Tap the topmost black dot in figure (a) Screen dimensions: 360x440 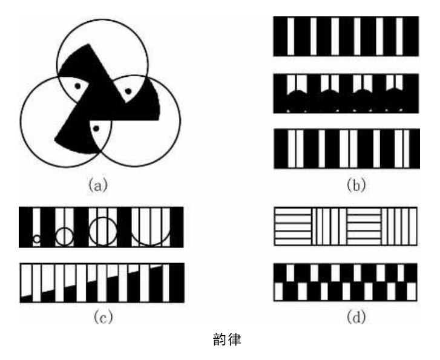[x=77, y=87]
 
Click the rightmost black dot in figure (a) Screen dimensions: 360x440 [x=127, y=92]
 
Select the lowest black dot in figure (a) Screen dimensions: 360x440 [x=94, y=128]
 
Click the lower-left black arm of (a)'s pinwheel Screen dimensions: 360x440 [x=68, y=130]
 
